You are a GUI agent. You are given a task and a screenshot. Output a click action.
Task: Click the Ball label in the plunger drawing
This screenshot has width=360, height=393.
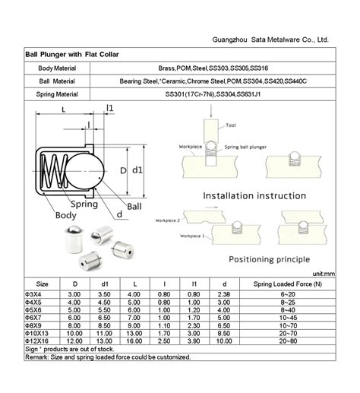click(x=134, y=206)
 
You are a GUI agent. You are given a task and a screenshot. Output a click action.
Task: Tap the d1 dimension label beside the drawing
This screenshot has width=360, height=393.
click(x=138, y=170)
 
